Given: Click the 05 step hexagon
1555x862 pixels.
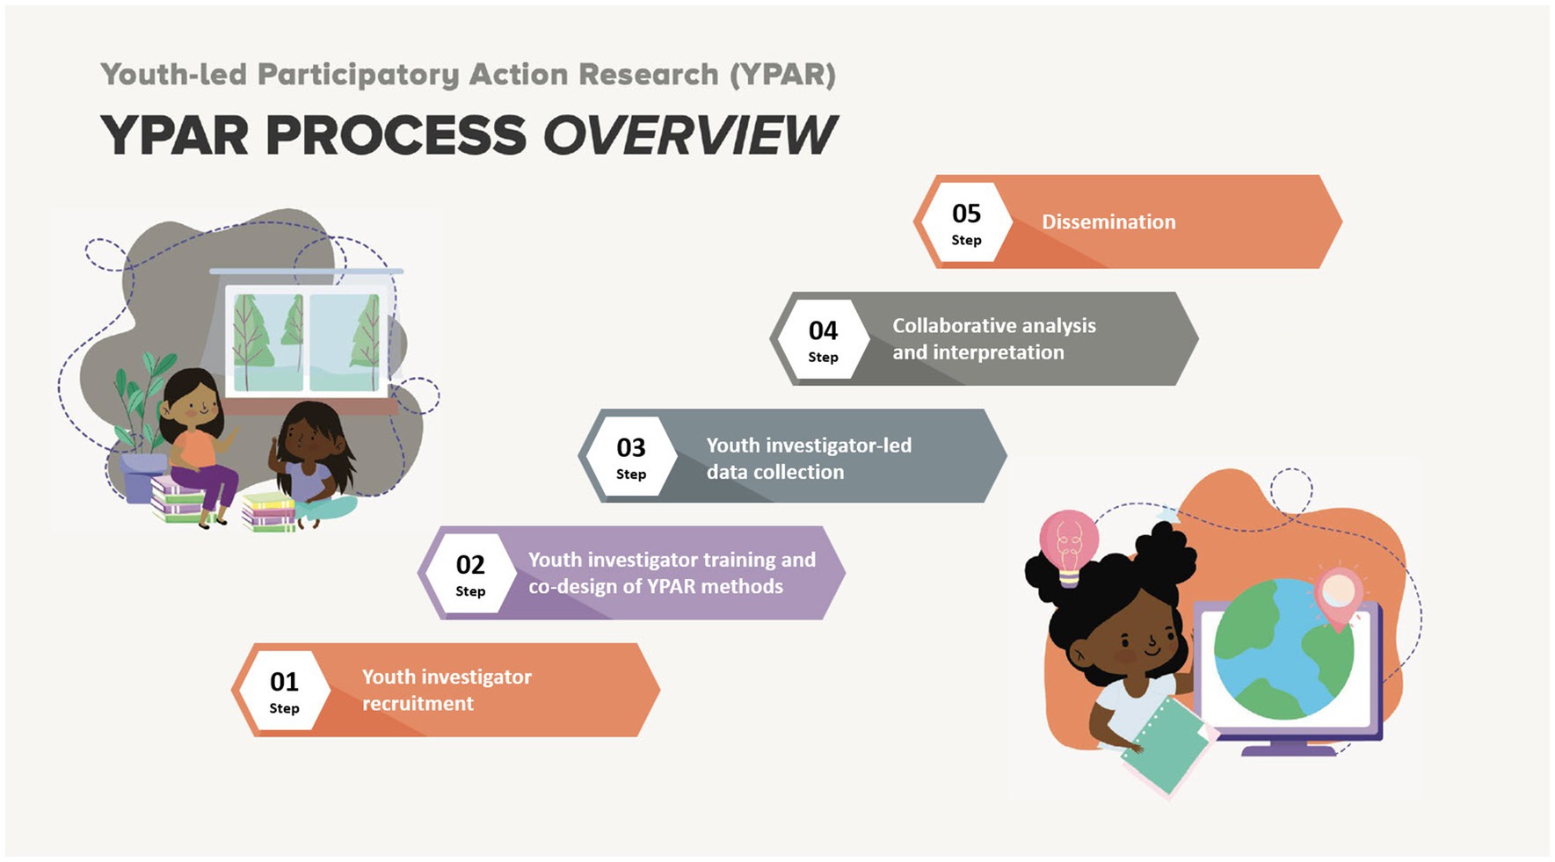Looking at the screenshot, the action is (966, 222).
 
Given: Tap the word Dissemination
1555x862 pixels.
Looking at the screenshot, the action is (1108, 222).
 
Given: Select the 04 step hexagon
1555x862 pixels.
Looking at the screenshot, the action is (823, 339).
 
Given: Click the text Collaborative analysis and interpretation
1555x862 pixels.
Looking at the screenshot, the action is (994, 339).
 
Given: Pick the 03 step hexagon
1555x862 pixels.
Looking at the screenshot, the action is (631, 456).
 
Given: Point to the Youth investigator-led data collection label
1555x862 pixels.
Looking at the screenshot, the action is (809, 459).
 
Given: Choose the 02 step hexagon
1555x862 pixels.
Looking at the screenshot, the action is (470, 573).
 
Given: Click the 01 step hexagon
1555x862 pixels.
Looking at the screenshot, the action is (284, 690).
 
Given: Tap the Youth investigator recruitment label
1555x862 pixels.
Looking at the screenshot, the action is (447, 690).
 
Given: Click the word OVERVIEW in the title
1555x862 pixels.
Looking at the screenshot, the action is (689, 135).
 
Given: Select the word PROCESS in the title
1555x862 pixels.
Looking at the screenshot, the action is (396, 135).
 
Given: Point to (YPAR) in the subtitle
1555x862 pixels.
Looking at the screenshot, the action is (782, 75).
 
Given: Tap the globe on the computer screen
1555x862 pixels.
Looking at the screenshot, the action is (1283, 648).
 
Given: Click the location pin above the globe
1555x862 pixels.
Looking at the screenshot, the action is (1338, 598).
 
